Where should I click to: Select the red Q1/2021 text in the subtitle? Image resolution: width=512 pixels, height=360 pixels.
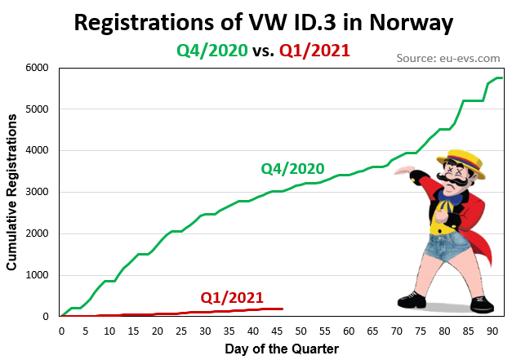[314, 51]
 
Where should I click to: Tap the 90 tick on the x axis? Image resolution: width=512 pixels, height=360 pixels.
[491, 331]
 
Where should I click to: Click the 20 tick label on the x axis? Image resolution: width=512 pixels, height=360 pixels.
[157, 331]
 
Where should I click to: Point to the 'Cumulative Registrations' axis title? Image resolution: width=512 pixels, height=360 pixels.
[12, 192]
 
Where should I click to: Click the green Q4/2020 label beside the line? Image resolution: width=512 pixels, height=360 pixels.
[292, 169]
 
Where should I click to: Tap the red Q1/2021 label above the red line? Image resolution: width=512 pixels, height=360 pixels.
[232, 297]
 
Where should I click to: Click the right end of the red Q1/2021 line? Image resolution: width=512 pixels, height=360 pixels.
[282, 309]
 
